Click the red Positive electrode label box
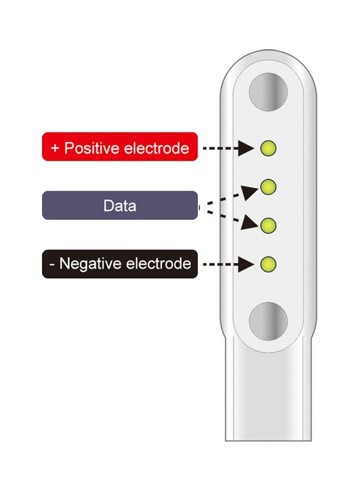coord(119,147)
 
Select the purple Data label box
coord(119,206)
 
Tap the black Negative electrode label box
coord(119,264)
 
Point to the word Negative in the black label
coord(91,264)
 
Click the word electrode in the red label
coord(157,148)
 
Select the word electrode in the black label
coord(159,264)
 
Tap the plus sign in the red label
coord(55,148)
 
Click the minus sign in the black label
coord(52,265)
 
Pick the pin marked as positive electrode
coord(268,147)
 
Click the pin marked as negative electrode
coord(268,265)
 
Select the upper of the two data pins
coord(268,187)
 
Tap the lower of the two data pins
coord(268,225)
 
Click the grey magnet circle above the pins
coord(268,90)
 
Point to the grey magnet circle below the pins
coord(268,319)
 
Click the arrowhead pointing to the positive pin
coord(248,147)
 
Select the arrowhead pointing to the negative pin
coord(248,265)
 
